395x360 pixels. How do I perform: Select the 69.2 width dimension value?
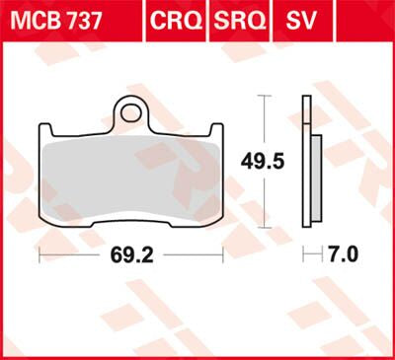point(130,253)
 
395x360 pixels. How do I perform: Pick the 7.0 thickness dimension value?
point(340,253)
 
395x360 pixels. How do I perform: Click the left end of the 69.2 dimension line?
point(39,253)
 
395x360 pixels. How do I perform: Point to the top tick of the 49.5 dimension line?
point(262,96)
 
